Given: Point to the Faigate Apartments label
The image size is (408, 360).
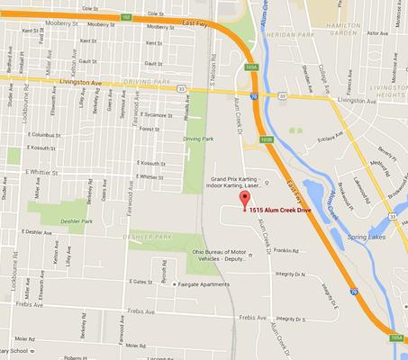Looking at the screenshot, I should tap(204, 284).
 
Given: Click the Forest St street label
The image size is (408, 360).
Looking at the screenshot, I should tap(149, 129).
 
